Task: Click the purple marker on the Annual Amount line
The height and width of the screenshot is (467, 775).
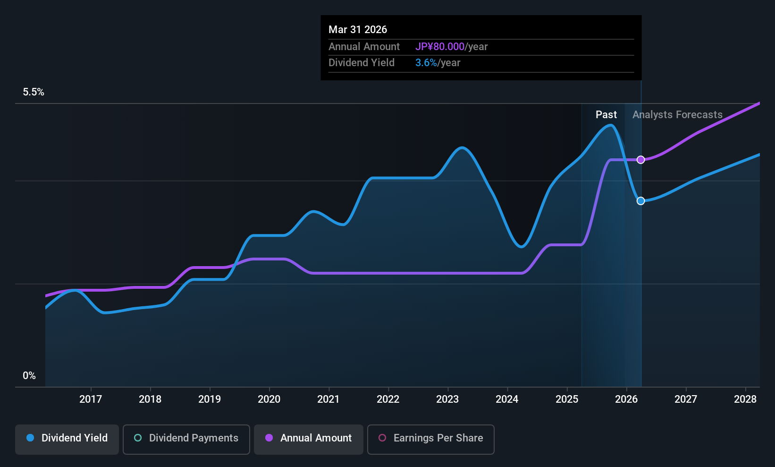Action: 641,160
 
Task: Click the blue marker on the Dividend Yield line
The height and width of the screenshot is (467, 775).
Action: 641,201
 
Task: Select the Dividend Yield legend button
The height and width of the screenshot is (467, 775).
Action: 67,439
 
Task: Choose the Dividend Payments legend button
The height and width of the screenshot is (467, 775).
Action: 186,439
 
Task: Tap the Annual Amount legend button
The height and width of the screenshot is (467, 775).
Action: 309,439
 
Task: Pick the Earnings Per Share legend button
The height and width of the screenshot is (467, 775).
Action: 431,439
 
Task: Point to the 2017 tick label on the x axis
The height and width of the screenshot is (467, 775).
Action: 91,399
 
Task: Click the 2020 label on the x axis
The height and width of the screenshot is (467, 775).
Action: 269,399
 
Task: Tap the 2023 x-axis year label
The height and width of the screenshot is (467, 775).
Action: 448,399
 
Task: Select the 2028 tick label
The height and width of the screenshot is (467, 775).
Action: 745,399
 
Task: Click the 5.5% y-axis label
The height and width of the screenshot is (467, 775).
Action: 34,92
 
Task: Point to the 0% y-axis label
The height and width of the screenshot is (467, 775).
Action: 29,376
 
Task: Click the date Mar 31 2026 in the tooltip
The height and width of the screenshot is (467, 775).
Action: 358,30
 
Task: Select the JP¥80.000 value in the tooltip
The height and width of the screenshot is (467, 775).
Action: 440,46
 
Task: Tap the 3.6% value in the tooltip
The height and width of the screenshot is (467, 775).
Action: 426,63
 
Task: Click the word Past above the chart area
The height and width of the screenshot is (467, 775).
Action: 606,115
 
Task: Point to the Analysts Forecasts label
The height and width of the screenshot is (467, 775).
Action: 677,115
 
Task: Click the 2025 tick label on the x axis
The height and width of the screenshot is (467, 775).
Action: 567,399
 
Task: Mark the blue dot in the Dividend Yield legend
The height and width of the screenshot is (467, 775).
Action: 31,438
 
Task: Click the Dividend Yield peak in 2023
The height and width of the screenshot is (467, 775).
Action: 462,147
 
